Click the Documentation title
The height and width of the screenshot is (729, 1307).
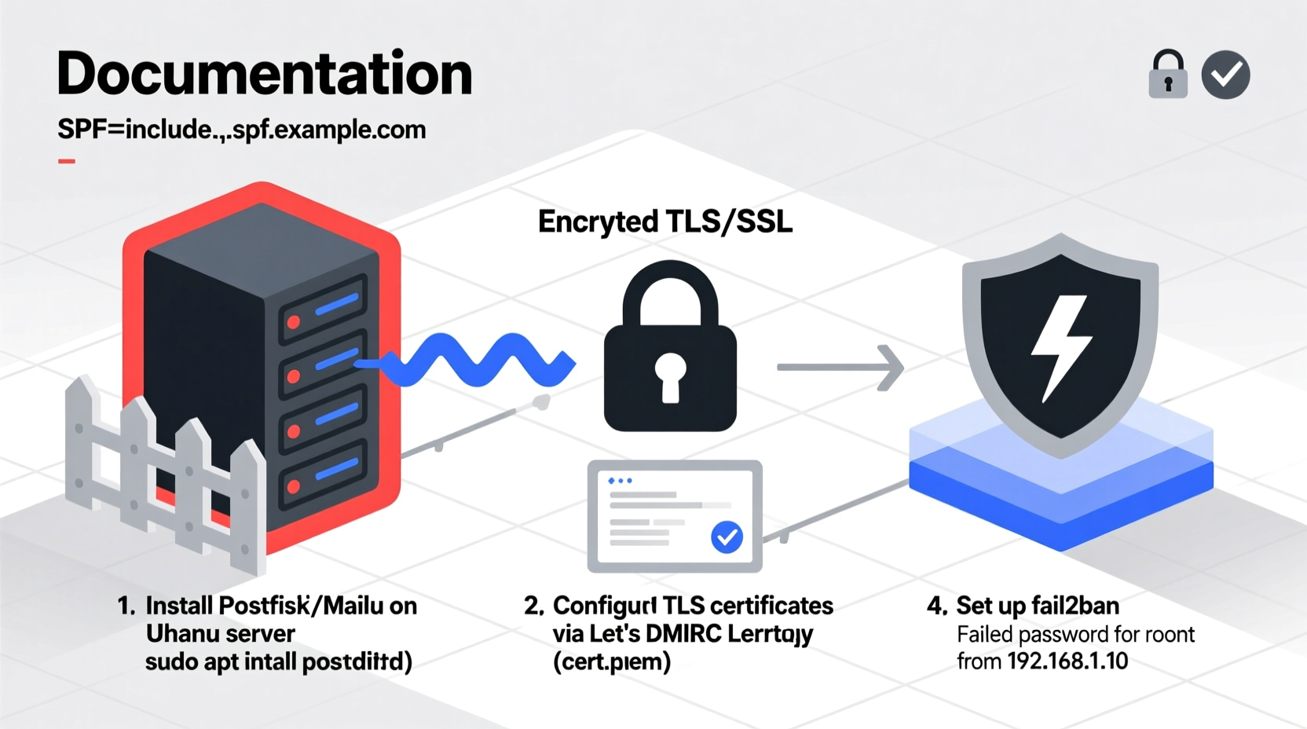pos(264,74)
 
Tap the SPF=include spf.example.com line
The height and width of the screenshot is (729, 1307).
pos(241,130)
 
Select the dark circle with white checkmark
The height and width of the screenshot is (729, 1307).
pos(1225,75)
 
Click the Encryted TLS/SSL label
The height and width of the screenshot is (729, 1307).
pos(664,222)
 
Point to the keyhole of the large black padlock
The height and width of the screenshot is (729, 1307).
pos(669,375)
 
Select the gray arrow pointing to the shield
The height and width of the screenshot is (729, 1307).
pos(840,367)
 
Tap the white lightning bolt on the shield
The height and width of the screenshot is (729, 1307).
pos(1060,346)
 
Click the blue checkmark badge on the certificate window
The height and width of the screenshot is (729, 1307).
pos(727,537)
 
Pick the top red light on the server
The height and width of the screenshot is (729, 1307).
pos(294,321)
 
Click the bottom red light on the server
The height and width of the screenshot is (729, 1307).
pos(294,486)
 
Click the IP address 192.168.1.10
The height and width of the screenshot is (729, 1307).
pos(1067,661)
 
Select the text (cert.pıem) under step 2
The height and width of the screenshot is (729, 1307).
pos(612,662)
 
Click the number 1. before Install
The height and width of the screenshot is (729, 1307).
pos(126,606)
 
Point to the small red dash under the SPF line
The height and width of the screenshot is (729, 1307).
pos(67,161)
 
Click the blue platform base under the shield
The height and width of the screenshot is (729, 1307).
pos(1060,503)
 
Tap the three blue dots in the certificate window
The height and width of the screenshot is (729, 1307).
pos(620,480)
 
